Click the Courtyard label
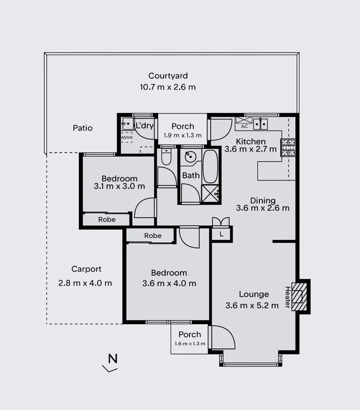click(168, 76)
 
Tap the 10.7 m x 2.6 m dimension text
click(168, 87)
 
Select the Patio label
click(83, 128)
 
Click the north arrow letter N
click(113, 358)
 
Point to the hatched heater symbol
click(299, 296)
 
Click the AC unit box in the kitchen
click(244, 123)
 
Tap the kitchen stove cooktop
click(288, 148)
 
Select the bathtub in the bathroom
click(210, 167)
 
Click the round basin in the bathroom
click(190, 157)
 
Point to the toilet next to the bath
click(166, 157)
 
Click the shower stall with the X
click(210, 193)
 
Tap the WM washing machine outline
click(127, 137)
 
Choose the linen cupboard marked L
click(222, 234)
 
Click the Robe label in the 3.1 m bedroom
click(107, 220)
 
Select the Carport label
click(86, 269)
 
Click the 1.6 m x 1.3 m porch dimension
click(190, 344)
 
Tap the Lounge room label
click(253, 294)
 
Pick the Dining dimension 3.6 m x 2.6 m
click(263, 208)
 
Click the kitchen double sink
click(260, 123)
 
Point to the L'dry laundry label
click(144, 125)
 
